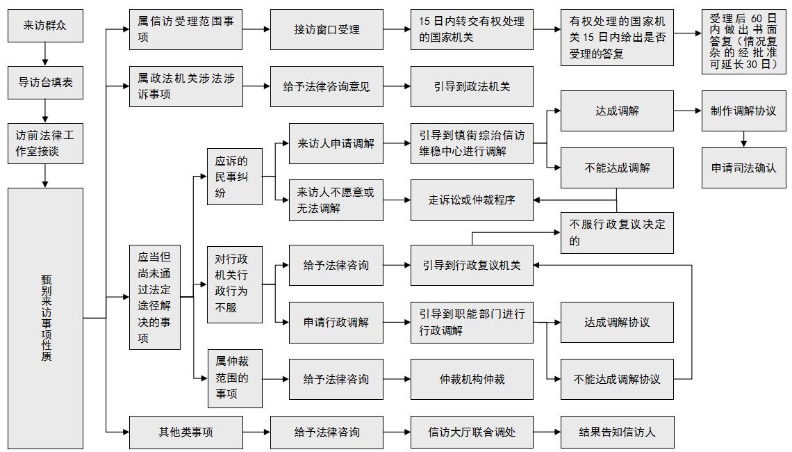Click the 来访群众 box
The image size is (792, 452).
[x=45, y=26]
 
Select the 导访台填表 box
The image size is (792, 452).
[x=45, y=83]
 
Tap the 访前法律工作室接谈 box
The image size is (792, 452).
[x=45, y=144]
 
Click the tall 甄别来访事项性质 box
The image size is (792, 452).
[x=45, y=318]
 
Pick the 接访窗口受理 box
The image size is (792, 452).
[x=327, y=30]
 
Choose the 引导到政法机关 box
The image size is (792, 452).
[x=472, y=87]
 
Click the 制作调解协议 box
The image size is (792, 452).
[x=743, y=111]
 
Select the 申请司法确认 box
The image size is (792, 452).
[x=743, y=168]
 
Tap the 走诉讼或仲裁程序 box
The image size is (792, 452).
[x=472, y=200]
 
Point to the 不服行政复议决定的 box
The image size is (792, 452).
[x=617, y=233]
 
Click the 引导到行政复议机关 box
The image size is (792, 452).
[x=472, y=265]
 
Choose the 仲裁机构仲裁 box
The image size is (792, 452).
[x=472, y=379]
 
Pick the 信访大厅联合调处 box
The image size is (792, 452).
[x=472, y=432]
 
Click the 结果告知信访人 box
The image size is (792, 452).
[x=617, y=432]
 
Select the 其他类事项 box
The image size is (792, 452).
[x=186, y=432]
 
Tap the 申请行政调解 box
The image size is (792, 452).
[x=336, y=322]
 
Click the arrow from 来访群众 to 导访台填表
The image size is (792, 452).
[x=45, y=54]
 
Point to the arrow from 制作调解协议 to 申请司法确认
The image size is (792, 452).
[x=743, y=140]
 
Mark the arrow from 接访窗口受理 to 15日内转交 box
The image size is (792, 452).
[x=397, y=30]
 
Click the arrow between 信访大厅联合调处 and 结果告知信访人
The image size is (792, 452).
[x=547, y=432]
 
